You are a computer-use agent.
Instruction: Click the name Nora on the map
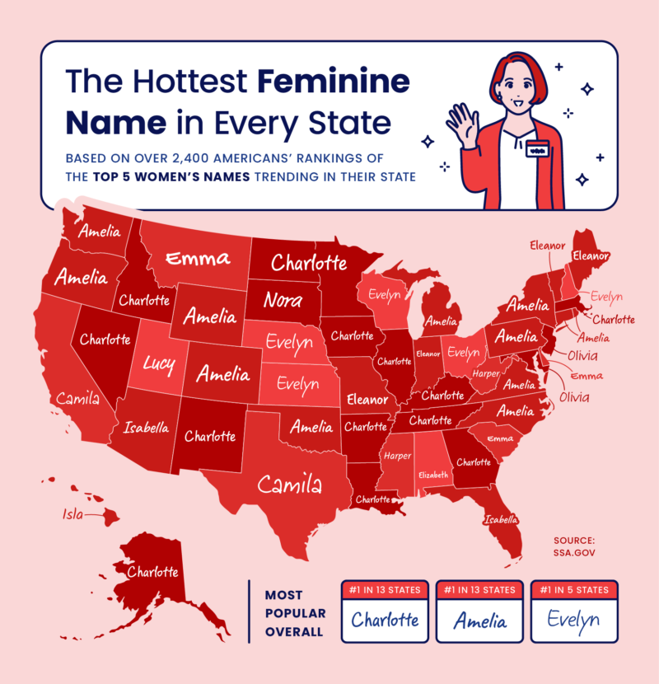click(x=283, y=301)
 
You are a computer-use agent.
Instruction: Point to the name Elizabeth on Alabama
click(x=432, y=475)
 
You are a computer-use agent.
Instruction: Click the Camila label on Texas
click(x=289, y=485)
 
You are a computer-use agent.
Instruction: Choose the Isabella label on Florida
click(x=502, y=519)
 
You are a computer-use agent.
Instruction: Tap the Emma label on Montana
click(x=198, y=259)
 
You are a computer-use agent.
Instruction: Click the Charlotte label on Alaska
click(x=152, y=571)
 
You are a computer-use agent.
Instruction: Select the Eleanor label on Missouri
click(x=367, y=401)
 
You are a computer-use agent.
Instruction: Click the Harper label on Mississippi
click(x=397, y=456)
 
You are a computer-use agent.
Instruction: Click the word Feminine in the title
click(x=333, y=82)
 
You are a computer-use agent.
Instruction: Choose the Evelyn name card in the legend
click(x=573, y=620)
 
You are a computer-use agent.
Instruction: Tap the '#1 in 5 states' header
click(x=573, y=590)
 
